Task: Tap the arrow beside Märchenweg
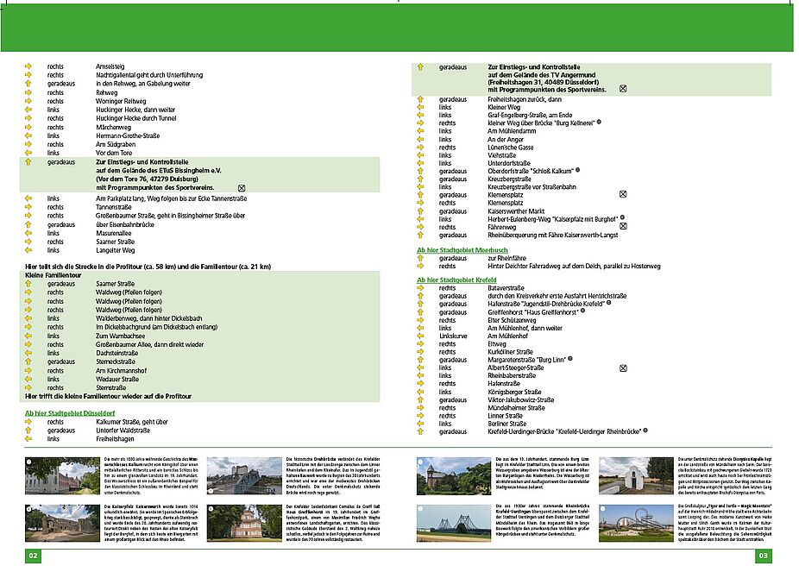(28, 128)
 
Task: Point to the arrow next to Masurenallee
(28, 233)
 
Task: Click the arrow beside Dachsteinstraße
(28, 353)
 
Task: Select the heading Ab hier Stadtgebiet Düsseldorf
(72, 413)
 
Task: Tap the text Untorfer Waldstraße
(123, 430)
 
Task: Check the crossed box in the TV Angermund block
(622, 90)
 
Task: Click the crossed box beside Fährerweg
(622, 226)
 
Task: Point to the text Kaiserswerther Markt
(519, 211)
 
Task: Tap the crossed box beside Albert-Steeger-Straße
(622, 368)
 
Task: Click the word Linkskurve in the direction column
(454, 336)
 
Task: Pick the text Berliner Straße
(506, 424)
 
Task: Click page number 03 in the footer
(764, 556)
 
